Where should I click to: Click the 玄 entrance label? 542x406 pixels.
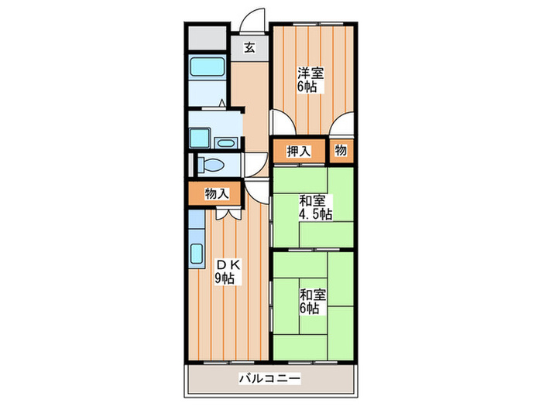click(250, 47)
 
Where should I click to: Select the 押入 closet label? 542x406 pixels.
click(299, 152)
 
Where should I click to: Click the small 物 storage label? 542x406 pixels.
click(341, 152)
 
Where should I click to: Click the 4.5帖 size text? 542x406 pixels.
click(315, 214)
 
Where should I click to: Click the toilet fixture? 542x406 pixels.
click(210, 165)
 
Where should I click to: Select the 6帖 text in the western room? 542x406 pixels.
click(310, 87)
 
